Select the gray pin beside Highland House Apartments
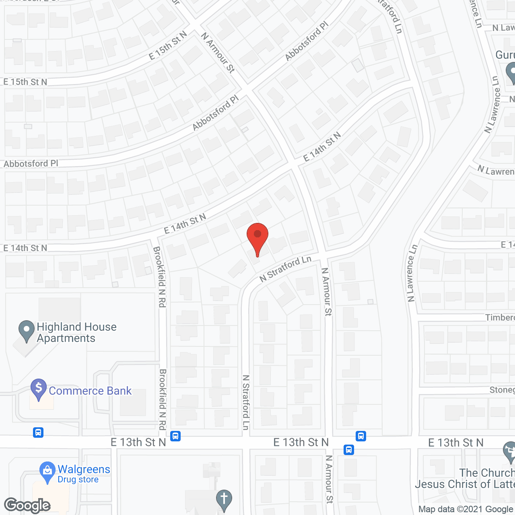click(27, 330)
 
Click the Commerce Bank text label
click(90, 391)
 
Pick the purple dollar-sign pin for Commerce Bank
click(39, 389)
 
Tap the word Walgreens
click(84, 469)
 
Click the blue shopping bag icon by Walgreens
click(47, 471)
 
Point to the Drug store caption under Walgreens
click(78, 480)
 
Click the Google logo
click(27, 505)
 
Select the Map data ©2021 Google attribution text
click(466, 509)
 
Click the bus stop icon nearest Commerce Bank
click(38, 433)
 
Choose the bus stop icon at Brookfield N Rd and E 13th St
click(175, 436)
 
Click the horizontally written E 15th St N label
click(25, 82)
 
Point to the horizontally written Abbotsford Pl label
click(31, 164)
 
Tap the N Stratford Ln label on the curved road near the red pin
click(285, 268)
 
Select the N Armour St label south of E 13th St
click(329, 479)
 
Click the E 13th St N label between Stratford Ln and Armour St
click(301, 443)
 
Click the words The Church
click(487, 473)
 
